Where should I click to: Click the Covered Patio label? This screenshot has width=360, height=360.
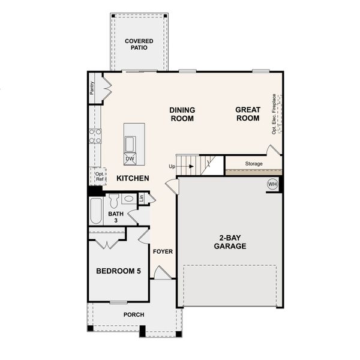pos(139,44)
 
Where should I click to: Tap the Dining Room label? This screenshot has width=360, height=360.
pos(182,114)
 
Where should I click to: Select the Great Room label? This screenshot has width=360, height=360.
pos(247,114)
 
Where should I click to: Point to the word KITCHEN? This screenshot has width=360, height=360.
pos(133,178)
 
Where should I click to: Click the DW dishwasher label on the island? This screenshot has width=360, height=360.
pos(130,159)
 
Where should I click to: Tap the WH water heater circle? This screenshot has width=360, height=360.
pos(272,184)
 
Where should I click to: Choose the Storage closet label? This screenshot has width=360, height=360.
pos(253,163)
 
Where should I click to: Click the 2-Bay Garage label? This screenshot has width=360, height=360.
pos(230,242)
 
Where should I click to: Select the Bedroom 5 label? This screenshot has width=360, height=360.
pos(118,271)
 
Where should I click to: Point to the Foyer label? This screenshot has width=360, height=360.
pos(163,251)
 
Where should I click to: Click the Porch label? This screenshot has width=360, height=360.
pos(134,314)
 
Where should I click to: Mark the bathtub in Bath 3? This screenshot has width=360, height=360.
pos(96,211)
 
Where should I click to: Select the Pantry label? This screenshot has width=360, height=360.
pos(92,88)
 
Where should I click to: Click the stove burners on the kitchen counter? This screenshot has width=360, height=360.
pos(95,136)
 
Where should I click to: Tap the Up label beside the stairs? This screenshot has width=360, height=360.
pos(172,166)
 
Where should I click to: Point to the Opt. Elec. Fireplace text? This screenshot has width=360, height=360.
pos(274,114)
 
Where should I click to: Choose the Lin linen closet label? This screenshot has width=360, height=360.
pos(141,197)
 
